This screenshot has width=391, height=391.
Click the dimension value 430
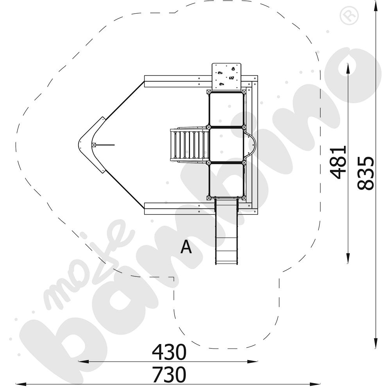[x=169, y=352]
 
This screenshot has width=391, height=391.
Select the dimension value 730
[x=169, y=374]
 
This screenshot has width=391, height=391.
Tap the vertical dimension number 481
[x=338, y=162]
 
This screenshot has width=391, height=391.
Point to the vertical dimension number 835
[x=366, y=173]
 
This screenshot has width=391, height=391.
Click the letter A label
[x=186, y=247]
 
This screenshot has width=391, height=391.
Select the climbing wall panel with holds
[x=227, y=77]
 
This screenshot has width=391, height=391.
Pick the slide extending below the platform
[x=226, y=231]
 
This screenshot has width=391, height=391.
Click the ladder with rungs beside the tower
[x=190, y=145]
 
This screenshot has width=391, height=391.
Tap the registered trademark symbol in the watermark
[x=349, y=16]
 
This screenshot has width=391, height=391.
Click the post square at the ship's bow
[x=94, y=145]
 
